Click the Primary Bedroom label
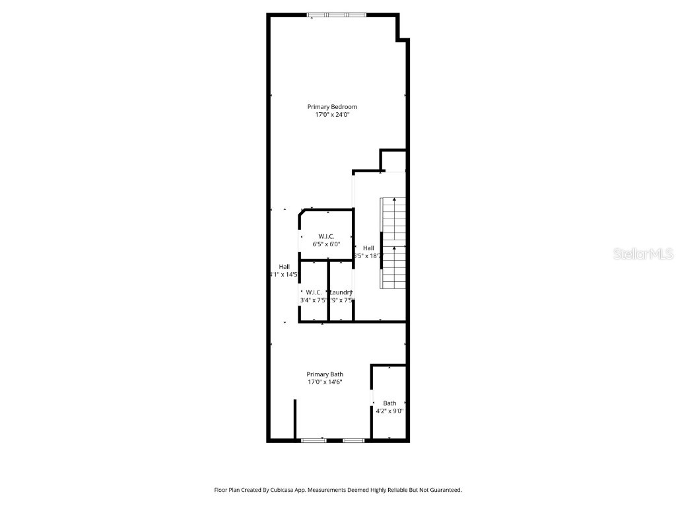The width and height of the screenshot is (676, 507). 332,107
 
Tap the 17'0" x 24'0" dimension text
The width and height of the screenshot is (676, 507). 332,115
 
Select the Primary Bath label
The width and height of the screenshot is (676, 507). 325,374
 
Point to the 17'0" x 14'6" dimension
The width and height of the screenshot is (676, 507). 325,382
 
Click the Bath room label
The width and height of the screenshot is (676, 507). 389,403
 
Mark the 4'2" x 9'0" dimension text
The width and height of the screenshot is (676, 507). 389,411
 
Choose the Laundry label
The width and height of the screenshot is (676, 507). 341,292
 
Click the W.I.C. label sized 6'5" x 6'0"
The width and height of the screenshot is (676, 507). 326,236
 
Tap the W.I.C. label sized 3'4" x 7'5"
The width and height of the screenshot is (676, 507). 314,292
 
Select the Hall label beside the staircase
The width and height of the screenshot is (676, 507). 368,248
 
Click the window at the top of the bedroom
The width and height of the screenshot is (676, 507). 337,15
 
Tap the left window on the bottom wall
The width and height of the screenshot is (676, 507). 314,440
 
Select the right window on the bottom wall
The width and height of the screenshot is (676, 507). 353,440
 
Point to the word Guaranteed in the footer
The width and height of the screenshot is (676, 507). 443,490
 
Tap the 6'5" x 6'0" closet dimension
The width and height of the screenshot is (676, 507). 326,244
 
